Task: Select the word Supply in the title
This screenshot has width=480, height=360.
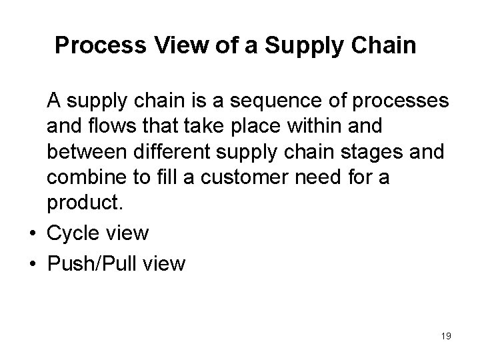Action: [x=299, y=46]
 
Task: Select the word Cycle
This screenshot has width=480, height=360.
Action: [x=76, y=233]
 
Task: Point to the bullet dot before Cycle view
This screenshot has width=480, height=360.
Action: [x=33, y=233]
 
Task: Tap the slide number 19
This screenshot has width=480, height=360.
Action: [x=445, y=336]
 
